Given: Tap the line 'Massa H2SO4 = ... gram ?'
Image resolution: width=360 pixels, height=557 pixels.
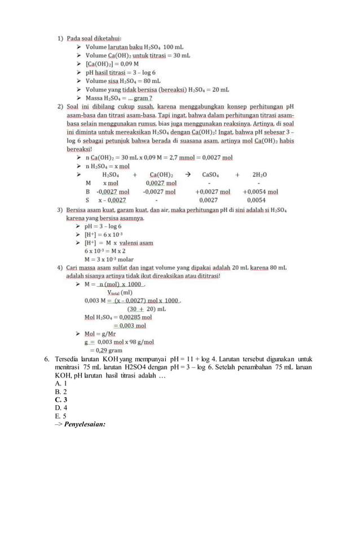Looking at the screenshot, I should pos(115,98).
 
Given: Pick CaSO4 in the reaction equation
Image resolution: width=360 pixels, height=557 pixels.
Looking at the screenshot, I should pos(212,175).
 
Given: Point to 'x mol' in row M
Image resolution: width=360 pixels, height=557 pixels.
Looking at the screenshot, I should pos(111,183).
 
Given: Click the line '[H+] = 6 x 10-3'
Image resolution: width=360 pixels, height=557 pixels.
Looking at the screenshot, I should pos(104,234).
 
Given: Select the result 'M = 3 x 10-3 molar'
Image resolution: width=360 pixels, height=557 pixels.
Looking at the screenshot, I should pos(109,260).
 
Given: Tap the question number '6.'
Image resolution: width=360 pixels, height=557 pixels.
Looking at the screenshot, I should pos(48,359).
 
